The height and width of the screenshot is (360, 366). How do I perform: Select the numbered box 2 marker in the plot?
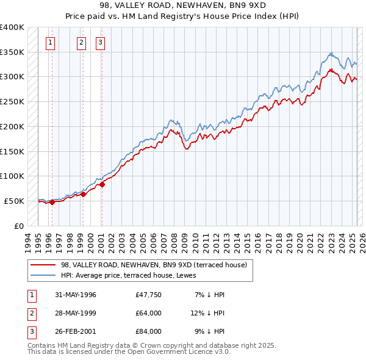tap(81, 42)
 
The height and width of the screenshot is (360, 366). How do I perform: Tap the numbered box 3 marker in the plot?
tap(99, 42)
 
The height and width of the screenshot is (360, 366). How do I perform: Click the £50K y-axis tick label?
tap(14, 201)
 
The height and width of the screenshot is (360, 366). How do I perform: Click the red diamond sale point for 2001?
tap(102, 184)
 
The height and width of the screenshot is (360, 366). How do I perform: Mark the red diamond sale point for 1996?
tap(52, 203)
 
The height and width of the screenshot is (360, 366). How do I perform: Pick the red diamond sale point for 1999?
tap(84, 194)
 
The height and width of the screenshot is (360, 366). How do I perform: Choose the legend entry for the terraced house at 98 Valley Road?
tap(154, 265)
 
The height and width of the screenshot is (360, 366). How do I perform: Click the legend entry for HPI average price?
tap(135, 275)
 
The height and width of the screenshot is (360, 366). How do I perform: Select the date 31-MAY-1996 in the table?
tap(76, 295)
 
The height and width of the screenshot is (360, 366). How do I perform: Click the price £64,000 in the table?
tap(149, 313)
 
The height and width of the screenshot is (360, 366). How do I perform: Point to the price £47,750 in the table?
tap(149, 295)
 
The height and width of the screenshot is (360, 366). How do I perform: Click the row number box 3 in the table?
tap(30, 331)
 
